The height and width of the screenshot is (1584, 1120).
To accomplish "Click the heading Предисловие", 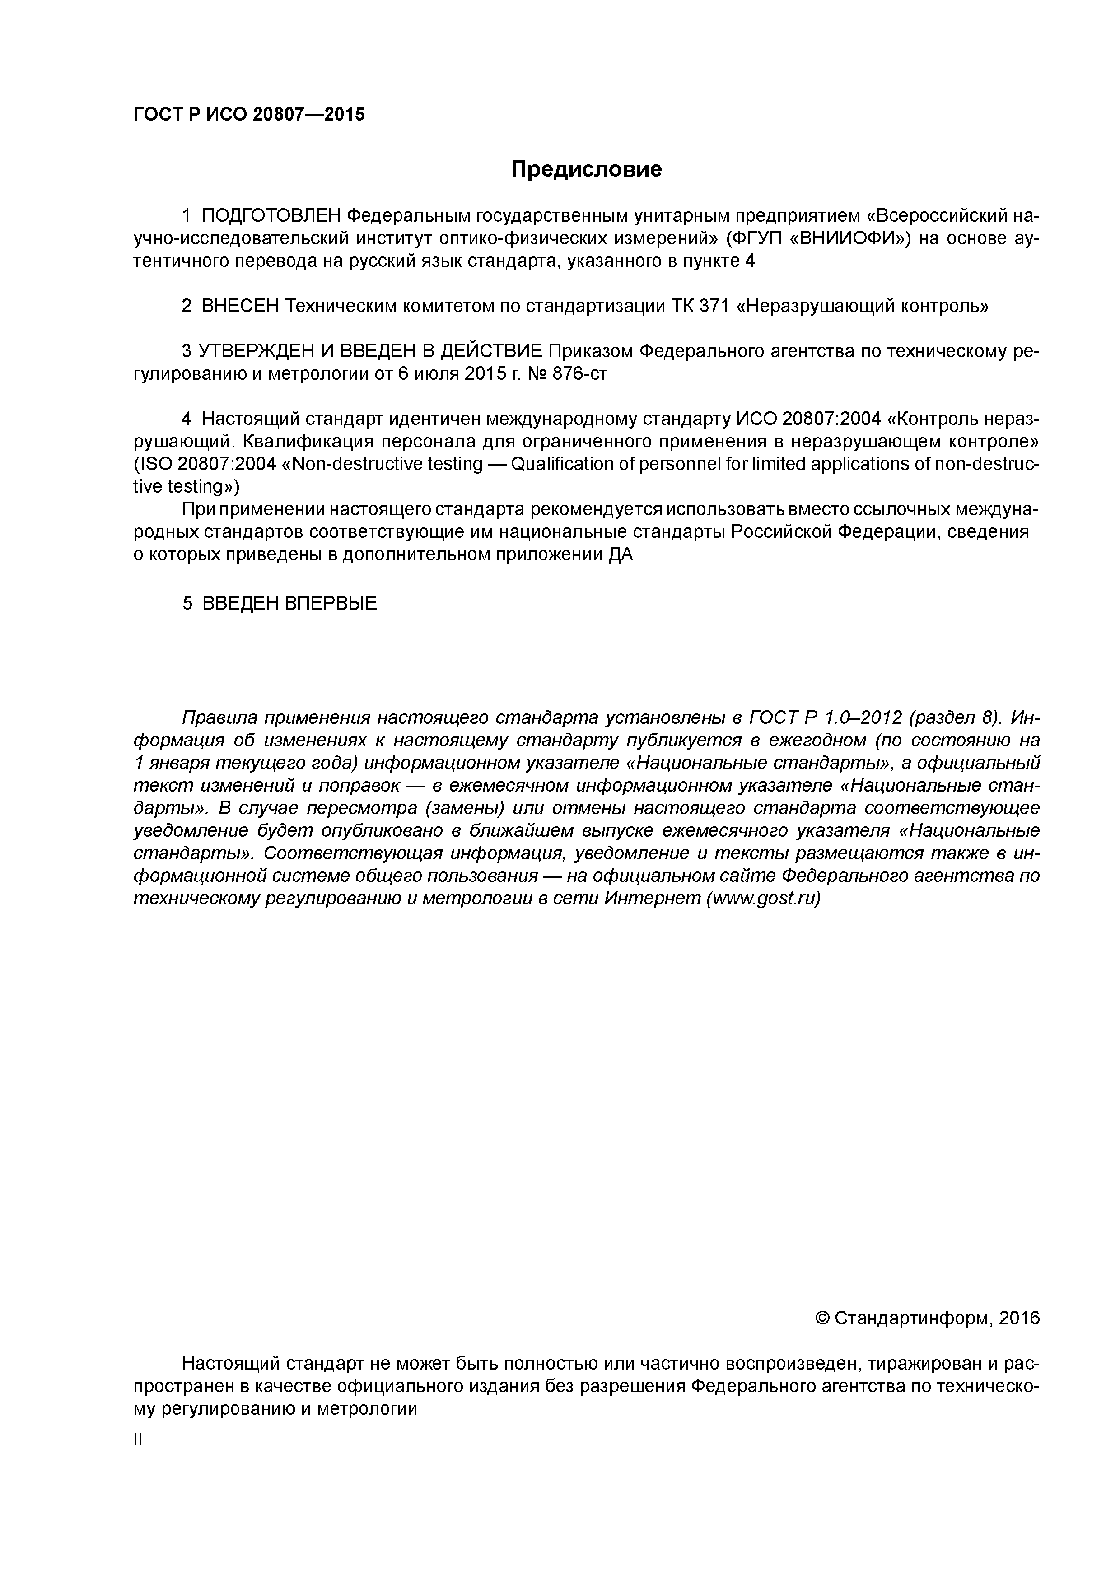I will (586, 169).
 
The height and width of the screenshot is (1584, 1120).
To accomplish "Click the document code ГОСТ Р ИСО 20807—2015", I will (249, 114).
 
